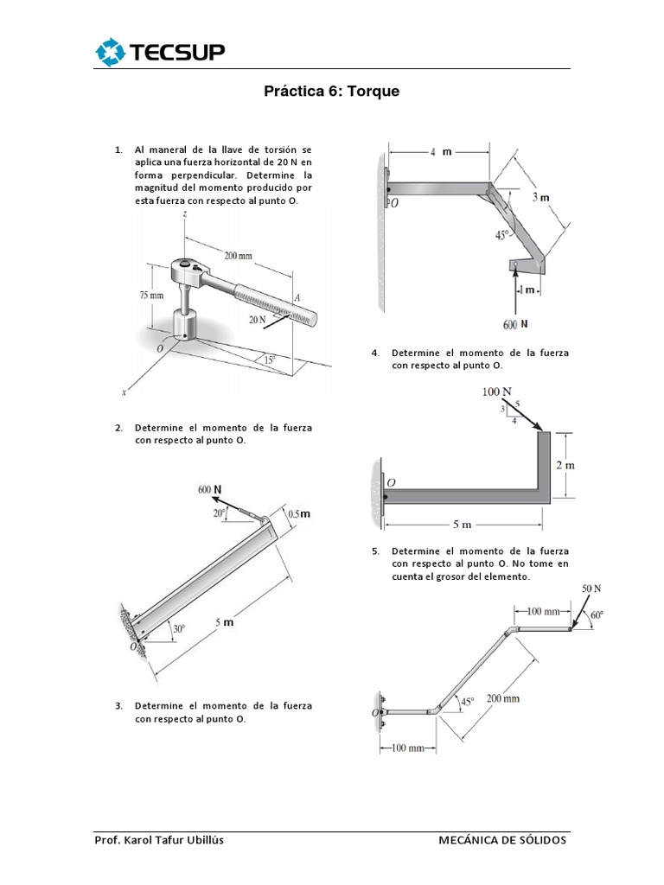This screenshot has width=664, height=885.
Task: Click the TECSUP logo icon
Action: tap(111, 53)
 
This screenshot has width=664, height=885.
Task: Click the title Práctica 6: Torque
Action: tap(332, 92)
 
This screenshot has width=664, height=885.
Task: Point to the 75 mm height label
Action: tap(150, 295)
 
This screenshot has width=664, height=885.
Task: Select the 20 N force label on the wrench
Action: tap(258, 319)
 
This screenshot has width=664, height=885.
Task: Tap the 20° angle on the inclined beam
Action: tap(220, 513)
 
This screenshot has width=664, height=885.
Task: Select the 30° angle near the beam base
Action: tap(179, 629)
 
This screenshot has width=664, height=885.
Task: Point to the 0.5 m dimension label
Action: tap(298, 513)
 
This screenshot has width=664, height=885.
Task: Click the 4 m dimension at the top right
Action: tap(441, 152)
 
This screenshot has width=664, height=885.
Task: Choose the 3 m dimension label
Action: tap(541, 197)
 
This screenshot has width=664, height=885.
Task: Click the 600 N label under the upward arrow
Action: tap(514, 324)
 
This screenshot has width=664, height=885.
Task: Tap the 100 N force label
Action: tap(497, 392)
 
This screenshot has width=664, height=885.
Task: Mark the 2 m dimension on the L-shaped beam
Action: tap(565, 465)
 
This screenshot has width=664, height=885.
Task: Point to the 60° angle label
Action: tap(597, 616)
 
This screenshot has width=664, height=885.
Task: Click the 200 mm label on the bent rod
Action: tap(502, 698)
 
